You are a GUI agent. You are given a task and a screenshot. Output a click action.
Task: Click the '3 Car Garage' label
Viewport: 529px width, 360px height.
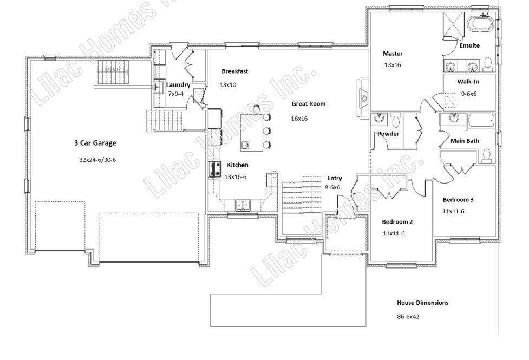coord(95,143)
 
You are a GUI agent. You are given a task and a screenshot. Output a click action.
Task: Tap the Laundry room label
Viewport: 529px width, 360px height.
coord(178,85)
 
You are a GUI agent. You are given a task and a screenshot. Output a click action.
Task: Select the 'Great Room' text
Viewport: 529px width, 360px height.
coord(309,104)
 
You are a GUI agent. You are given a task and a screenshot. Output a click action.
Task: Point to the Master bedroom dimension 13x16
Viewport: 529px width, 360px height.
coord(393,65)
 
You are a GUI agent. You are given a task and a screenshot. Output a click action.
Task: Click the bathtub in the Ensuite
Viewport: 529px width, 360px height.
coord(480,24)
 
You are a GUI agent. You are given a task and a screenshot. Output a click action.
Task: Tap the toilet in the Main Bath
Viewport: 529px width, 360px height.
coord(487,155)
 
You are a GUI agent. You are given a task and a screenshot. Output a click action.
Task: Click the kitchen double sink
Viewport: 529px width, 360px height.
coord(243,205)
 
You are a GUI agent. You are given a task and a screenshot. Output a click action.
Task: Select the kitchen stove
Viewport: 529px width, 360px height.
coord(215,169)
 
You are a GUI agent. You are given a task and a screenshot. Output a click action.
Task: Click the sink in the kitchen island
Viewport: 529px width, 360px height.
coord(246,146)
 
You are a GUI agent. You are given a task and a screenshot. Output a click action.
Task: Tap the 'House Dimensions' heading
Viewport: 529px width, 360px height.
coord(422,303)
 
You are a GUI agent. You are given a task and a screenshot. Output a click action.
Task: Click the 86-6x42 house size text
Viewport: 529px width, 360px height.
coord(408,317)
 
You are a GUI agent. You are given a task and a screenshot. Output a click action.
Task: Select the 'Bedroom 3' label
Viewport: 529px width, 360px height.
coord(458,200)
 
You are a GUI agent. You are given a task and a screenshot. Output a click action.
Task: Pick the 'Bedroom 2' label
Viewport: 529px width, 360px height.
coord(397,222)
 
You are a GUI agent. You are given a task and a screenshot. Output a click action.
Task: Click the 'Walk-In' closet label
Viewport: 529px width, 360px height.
coord(468,82)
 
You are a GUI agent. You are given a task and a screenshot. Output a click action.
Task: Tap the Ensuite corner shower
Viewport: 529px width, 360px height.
coord(454,24)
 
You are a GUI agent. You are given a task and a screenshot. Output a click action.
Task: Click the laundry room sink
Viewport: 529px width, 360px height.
coord(159,87)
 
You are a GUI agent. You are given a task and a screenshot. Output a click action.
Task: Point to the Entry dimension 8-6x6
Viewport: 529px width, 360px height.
coord(332,187)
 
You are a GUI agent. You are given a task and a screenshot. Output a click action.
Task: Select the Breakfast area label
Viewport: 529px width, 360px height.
coord(235,71)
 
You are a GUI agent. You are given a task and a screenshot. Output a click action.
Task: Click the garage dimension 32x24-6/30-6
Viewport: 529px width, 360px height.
coord(97,160)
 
